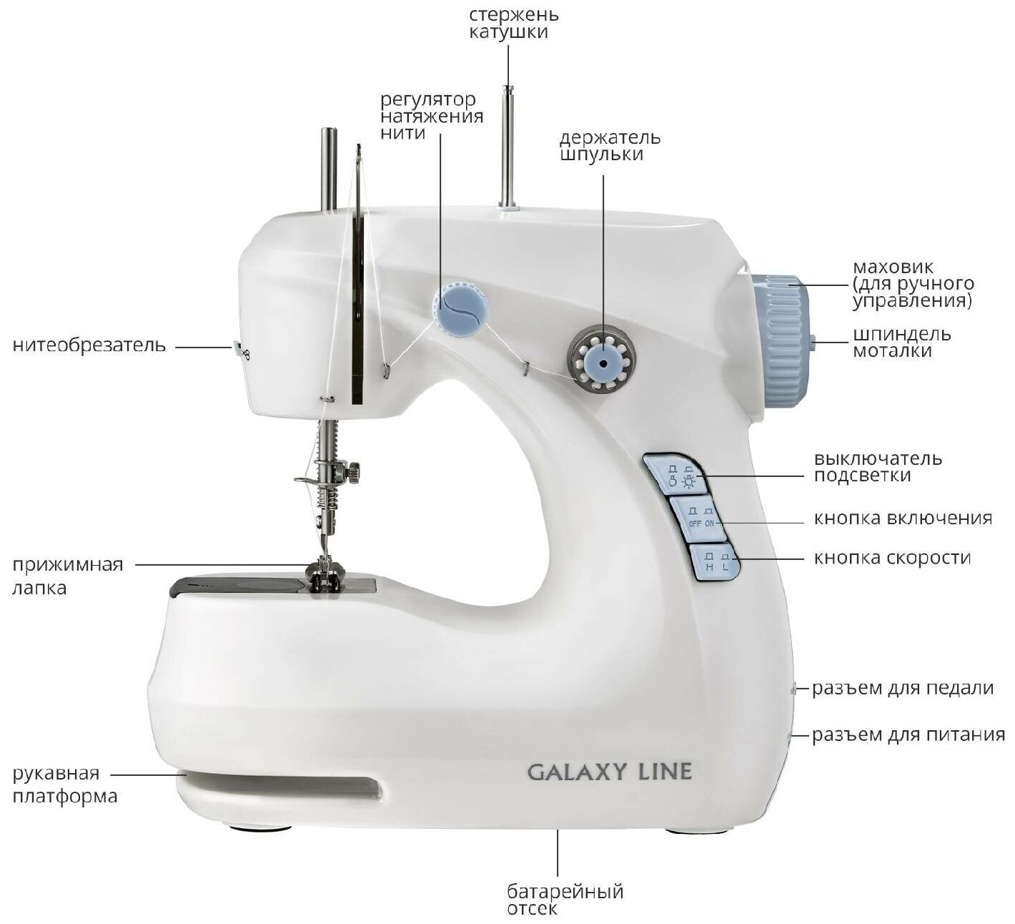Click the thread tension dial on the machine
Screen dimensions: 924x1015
462,308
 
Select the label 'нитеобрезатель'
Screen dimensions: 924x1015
89,345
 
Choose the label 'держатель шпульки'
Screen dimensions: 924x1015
610,145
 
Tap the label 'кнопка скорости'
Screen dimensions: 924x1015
892,557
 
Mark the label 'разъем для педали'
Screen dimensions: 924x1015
902,688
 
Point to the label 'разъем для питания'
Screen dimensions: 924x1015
908,734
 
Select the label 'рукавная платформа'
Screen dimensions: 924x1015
65,785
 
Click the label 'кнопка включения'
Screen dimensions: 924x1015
902,518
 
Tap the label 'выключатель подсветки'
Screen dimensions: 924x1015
878,466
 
